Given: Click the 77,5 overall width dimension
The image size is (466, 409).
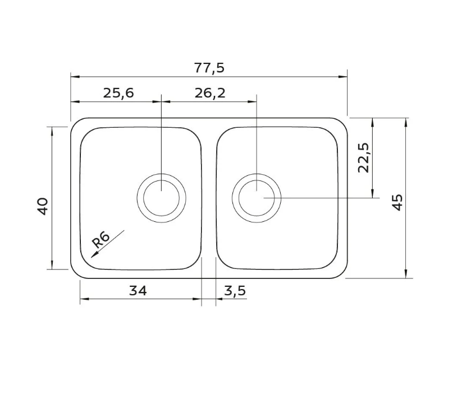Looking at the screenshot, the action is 209,68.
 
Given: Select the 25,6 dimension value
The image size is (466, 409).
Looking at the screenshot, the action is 118,93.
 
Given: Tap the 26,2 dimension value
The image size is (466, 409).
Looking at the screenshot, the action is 210,93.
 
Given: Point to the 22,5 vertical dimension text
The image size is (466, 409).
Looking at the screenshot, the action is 363,157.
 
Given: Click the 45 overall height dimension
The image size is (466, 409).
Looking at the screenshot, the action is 398,202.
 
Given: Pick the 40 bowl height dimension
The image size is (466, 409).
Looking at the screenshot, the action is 43,206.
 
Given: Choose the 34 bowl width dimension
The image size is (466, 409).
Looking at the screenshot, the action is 138,291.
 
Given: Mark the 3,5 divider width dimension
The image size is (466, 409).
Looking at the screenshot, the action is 235,291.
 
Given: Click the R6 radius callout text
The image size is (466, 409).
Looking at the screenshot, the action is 100,240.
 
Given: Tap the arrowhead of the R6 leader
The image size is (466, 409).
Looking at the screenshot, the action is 93,255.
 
